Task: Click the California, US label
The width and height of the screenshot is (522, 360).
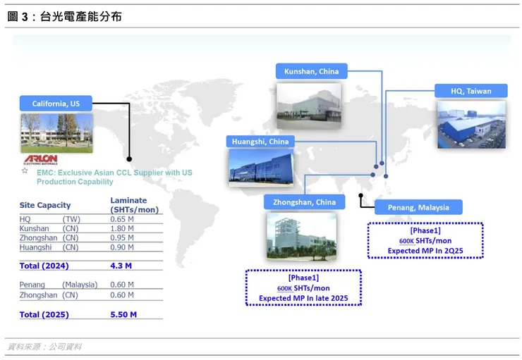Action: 56,104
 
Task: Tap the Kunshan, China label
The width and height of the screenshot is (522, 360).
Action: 312,71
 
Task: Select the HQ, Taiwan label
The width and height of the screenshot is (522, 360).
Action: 471,91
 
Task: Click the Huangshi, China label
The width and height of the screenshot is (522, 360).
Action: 260,142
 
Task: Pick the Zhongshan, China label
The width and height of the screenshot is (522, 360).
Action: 304,202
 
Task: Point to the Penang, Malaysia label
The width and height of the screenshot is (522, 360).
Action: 418,207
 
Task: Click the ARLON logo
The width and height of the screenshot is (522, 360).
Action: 41,159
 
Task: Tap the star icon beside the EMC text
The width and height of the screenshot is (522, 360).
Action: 25,171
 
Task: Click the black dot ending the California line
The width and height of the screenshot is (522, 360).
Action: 129,159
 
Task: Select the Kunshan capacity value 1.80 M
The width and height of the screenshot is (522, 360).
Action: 122,229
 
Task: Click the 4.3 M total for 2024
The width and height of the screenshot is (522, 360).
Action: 121,266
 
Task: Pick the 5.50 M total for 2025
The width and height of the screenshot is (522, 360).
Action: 123,314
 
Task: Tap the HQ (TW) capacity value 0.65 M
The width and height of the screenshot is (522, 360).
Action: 122,219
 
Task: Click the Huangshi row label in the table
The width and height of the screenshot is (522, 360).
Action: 35,247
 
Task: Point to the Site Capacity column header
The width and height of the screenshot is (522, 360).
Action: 45,205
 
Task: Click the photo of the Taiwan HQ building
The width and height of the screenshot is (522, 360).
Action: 471,125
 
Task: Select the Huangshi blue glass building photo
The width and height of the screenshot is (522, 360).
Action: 261,166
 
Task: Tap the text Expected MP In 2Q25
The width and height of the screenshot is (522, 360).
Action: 425,251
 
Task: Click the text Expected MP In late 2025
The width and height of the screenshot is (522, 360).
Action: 303,298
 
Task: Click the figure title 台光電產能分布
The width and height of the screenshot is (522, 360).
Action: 81,16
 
